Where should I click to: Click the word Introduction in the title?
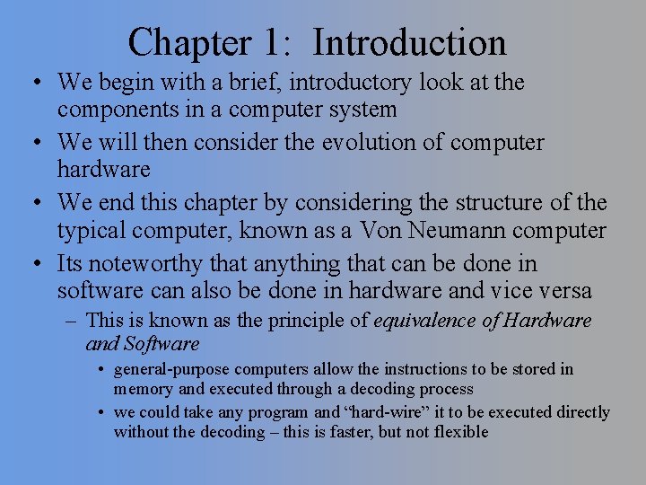pyautogui.click(x=410, y=42)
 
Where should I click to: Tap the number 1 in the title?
pyautogui.click(x=272, y=42)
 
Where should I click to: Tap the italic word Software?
pyautogui.click(x=161, y=344)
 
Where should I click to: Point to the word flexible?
pyautogui.click(x=458, y=432)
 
